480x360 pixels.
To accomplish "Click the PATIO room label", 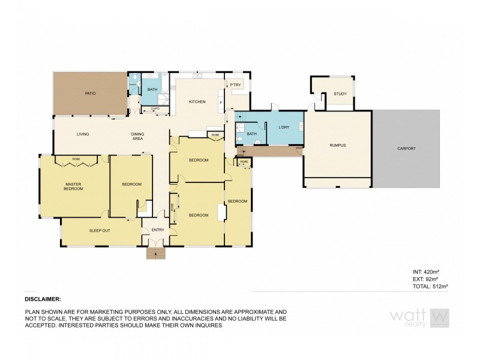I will (90, 94).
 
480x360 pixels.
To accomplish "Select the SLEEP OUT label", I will (99, 230).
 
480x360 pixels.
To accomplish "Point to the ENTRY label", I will (157, 230).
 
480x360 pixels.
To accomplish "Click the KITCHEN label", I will (197, 102).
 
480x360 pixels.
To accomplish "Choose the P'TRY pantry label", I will (235, 86).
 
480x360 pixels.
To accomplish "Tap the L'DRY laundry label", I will (285, 127).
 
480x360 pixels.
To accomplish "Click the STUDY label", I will (340, 94).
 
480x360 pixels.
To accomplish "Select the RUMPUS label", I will (337, 145).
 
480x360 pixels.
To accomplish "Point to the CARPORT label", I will (406, 148).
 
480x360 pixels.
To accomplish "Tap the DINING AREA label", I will (137, 136).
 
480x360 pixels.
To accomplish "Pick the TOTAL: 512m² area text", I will (431, 287).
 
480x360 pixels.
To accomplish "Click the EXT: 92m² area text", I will (426, 280).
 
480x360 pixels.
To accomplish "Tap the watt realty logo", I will (420, 317).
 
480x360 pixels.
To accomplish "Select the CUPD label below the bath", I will (154, 109).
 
